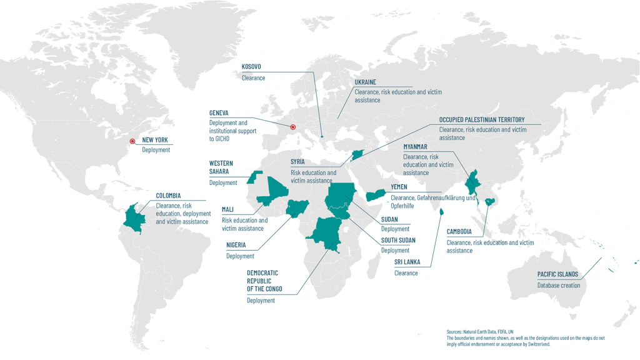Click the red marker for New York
point(132,141)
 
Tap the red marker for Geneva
point(292,127)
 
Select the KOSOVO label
point(251,67)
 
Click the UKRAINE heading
point(365,82)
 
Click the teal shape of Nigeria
point(296,207)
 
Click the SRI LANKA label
point(407,262)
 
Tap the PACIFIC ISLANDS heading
point(557,274)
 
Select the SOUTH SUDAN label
point(398,240)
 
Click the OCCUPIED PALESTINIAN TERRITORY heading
point(481,119)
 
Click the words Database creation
point(558,286)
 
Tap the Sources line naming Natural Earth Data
point(480,331)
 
